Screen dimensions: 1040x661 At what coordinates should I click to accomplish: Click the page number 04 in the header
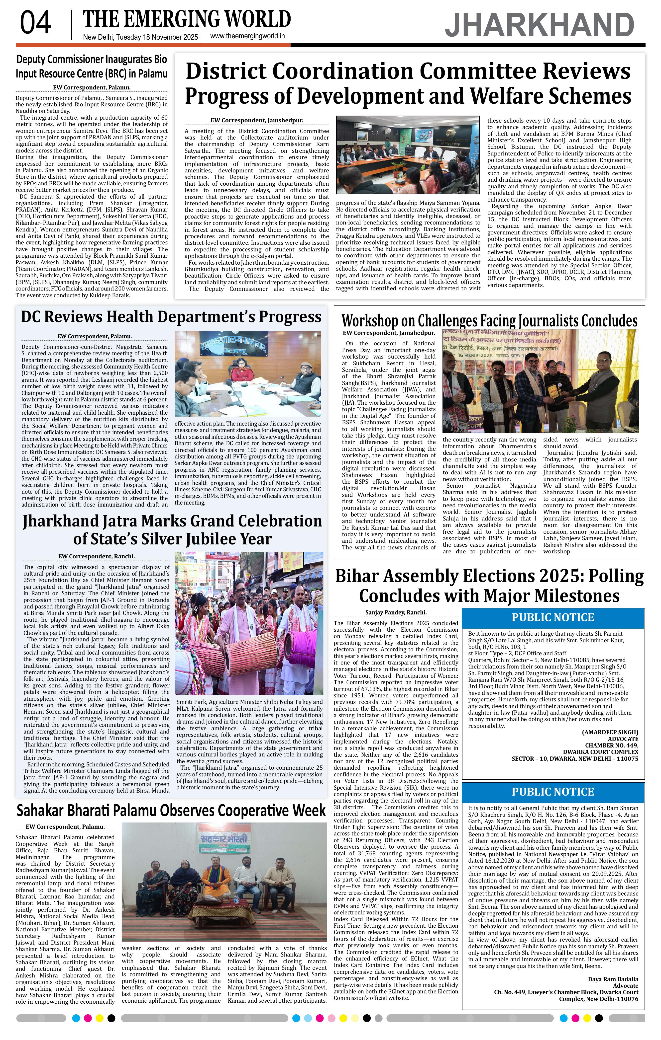[35, 23]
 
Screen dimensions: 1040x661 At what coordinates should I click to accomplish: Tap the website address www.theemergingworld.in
[247, 36]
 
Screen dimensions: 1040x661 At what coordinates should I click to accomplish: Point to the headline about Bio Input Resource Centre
[92, 67]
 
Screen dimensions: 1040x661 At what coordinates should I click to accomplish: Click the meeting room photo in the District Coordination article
[408, 155]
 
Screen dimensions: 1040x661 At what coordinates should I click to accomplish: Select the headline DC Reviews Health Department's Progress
[171, 317]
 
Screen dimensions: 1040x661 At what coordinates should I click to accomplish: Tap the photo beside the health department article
[248, 373]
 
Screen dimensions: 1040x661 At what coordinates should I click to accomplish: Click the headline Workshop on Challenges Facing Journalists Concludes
[489, 321]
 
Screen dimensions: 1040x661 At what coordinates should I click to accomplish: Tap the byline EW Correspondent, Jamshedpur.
[257, 121]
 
